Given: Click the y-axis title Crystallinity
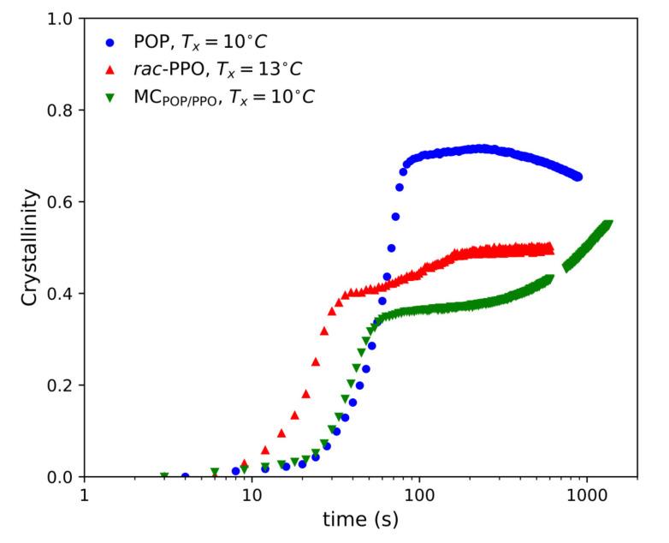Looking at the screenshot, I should (x=29, y=248).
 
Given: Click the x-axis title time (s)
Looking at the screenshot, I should (x=360, y=519).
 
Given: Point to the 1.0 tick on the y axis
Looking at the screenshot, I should (x=65, y=18).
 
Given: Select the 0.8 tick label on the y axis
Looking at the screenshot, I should (x=65, y=110).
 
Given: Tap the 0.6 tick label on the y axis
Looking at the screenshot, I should (x=65, y=201).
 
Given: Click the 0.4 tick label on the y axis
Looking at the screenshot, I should (x=65, y=293).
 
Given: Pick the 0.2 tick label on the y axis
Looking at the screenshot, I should (x=65, y=385).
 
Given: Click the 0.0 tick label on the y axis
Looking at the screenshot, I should (x=65, y=476).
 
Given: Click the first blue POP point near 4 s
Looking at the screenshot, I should (x=185, y=476).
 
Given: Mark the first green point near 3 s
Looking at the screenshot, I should (x=164, y=476).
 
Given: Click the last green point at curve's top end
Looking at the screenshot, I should (x=608, y=225).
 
